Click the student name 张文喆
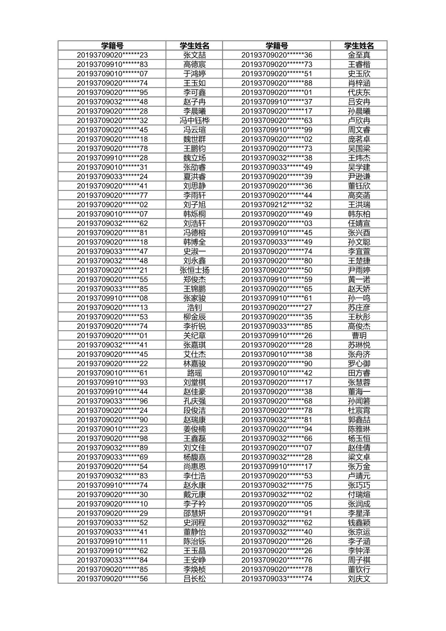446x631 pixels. [x=194, y=55]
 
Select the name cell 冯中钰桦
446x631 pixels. [x=194, y=121]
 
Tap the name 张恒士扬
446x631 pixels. [x=194, y=270]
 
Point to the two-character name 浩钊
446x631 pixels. [x=194, y=308]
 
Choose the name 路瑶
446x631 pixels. [x=194, y=373]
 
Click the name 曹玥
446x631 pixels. [x=359, y=336]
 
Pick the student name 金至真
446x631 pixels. [x=359, y=55]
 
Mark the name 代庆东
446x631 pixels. [x=359, y=93]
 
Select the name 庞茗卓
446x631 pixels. [x=359, y=139]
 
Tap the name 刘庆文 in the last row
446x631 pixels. [x=359, y=579]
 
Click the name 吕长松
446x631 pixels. [x=194, y=579]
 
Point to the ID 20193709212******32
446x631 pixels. [x=276, y=205]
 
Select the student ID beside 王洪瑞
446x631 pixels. [x=276, y=205]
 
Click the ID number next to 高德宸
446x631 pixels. [x=112, y=64]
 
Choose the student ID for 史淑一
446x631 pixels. [x=112, y=252]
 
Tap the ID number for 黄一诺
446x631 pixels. [x=276, y=279]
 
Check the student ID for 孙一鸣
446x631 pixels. [x=276, y=298]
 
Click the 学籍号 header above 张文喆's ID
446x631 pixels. [x=112, y=46]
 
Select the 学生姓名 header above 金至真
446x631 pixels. [x=359, y=46]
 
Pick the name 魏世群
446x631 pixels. [x=194, y=139]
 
